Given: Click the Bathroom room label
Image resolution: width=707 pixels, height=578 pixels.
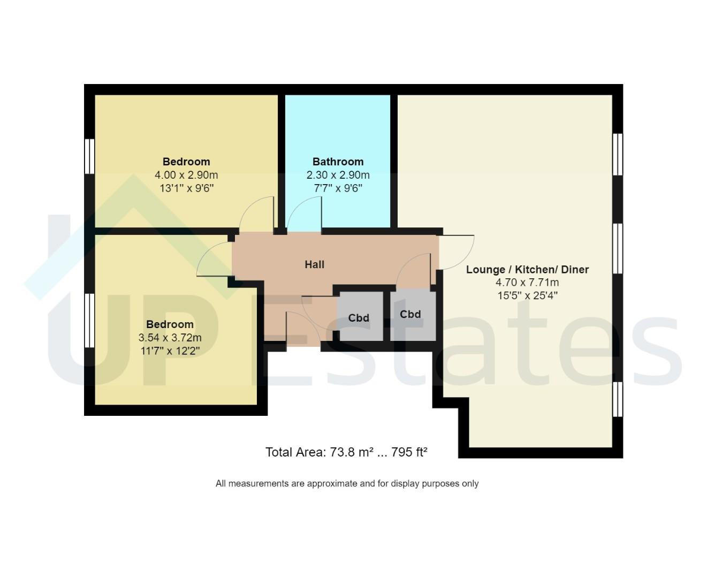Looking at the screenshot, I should [338, 162].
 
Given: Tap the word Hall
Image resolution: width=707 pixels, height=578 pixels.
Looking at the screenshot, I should [314, 264].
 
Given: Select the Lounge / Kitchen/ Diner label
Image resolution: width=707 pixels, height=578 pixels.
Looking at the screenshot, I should [527, 270].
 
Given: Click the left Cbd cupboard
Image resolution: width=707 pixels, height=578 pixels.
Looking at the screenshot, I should [359, 317].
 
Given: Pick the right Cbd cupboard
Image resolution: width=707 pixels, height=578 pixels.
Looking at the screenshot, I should [411, 314].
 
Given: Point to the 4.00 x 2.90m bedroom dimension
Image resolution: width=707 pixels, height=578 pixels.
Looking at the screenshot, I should [186, 175].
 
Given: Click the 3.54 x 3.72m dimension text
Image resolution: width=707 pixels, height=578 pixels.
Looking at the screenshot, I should [170, 338].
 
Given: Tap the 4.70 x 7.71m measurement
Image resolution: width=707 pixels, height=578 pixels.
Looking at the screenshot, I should [527, 283].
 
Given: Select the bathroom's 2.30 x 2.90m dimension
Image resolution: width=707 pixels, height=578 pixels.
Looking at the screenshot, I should [338, 175].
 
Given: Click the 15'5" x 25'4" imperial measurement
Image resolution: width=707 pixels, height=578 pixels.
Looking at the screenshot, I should [527, 295].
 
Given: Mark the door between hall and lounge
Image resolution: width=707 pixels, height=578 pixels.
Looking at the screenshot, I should [457, 252].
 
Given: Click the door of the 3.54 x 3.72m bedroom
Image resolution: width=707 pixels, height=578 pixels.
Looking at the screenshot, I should [214, 260].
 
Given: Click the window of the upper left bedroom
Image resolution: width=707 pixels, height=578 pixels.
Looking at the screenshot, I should [90, 156].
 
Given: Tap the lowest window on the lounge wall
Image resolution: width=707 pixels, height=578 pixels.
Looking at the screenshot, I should [618, 399].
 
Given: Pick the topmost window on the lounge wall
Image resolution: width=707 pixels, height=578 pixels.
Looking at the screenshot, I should [618, 154].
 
